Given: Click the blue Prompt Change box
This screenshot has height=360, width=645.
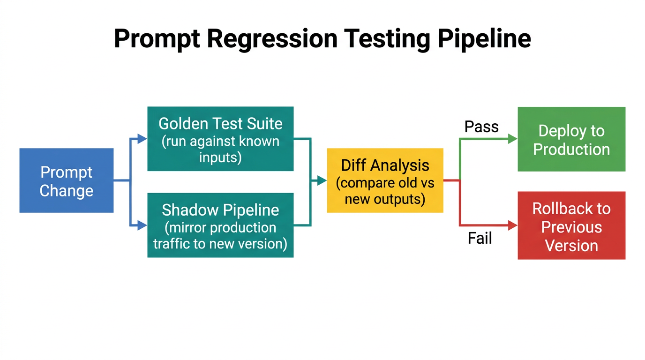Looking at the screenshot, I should (66, 180).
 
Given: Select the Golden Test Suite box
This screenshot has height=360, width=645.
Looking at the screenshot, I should (220, 139).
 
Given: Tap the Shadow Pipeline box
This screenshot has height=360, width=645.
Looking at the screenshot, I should (220, 225).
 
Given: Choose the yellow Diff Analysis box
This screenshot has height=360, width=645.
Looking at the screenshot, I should (385, 180).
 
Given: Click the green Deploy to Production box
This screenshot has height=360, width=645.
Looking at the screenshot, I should (571, 139).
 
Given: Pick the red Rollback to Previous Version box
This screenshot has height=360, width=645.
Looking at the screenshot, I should (571, 225).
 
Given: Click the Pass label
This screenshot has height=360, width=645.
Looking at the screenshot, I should (481, 127).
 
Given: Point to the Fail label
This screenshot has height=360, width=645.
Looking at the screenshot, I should (480, 239).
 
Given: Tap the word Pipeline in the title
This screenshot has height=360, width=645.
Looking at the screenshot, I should (484, 38).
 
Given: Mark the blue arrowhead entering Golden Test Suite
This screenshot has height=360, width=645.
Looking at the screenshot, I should (142, 138).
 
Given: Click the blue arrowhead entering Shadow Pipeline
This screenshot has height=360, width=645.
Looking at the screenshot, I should (142, 225).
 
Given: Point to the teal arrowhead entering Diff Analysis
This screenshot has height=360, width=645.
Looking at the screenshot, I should (322, 180).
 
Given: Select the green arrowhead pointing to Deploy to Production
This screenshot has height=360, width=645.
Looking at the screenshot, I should (512, 139).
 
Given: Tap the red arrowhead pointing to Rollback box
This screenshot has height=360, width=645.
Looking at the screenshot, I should (512, 225).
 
